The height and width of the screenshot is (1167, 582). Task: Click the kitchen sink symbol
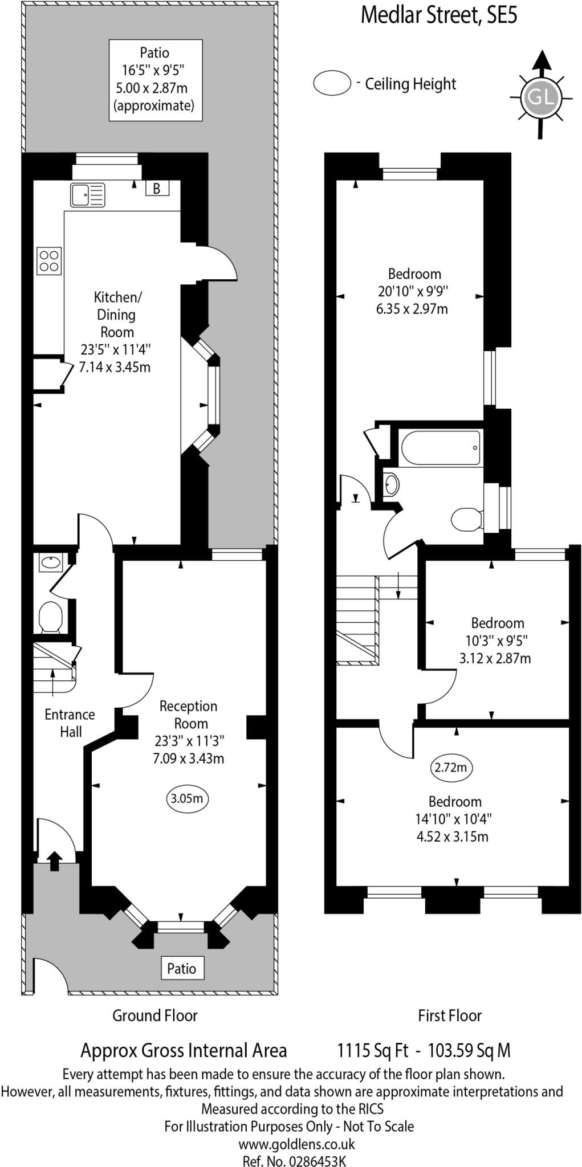click(88, 195)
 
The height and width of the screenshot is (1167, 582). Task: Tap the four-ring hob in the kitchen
click(48, 261)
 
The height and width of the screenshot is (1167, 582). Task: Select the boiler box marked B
click(157, 188)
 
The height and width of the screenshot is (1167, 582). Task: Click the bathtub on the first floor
click(441, 448)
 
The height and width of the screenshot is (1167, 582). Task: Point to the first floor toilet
click(466, 519)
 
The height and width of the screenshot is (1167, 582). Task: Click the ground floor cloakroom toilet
click(50, 617)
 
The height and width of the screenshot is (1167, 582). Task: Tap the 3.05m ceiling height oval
click(187, 798)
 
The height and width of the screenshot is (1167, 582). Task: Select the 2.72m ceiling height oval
click(450, 768)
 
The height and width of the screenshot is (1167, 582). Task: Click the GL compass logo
click(539, 97)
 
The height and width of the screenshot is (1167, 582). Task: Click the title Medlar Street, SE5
click(439, 15)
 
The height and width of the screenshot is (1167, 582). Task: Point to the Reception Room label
click(189, 715)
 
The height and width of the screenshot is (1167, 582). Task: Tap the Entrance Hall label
click(70, 723)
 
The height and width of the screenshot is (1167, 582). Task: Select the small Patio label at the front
click(181, 968)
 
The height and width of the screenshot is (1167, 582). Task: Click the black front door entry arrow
click(54, 860)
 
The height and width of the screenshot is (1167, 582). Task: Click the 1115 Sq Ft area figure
click(373, 1050)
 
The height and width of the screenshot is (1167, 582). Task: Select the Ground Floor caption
click(154, 1015)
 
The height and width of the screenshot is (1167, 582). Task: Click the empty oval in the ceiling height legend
click(332, 83)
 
